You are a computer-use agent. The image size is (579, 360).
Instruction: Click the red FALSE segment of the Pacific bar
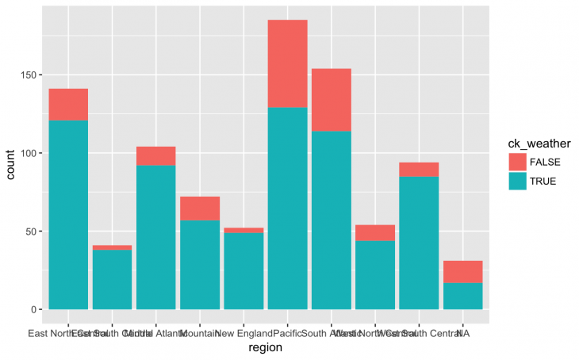tap(287, 63)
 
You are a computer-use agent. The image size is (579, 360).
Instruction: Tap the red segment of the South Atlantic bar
tap(331, 100)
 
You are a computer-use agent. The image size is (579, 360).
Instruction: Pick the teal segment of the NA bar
tap(462, 296)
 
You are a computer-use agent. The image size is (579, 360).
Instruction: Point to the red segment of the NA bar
tap(462, 272)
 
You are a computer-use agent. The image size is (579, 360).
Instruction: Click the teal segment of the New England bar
tap(243, 270)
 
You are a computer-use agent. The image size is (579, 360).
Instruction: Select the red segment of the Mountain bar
tap(200, 208)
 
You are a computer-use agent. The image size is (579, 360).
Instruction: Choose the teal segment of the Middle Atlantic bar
tap(156, 237)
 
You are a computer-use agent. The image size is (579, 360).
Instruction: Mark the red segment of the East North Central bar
tap(68, 104)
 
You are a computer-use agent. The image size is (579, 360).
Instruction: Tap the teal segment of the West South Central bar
tap(419, 243)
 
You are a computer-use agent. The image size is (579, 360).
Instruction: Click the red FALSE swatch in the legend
tap(519, 162)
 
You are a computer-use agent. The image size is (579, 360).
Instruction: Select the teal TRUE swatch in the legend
tap(519, 181)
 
